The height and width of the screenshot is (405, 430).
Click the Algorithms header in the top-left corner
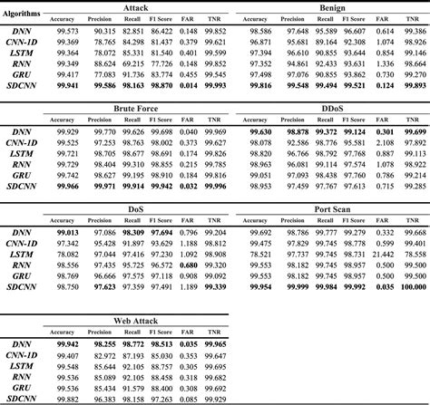tap(25, 14)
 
